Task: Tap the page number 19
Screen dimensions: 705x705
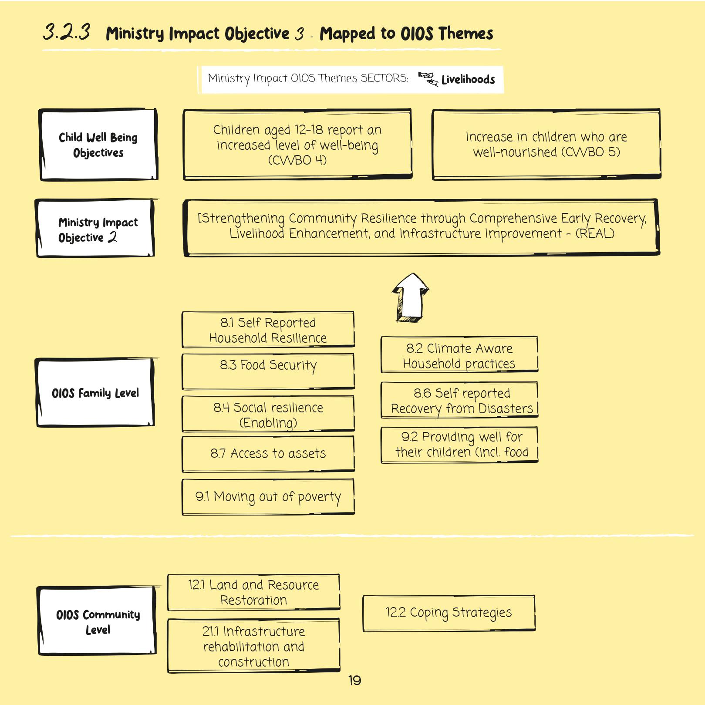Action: click(354, 680)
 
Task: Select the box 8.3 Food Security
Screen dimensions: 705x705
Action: click(268, 371)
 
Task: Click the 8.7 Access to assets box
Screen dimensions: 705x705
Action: click(268, 454)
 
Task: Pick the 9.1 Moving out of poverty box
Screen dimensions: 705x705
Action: click(268, 497)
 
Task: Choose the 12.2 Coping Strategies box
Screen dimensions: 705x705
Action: click(449, 613)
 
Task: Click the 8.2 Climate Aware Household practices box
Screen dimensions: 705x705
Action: click(459, 354)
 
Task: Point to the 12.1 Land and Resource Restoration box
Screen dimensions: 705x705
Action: click(253, 592)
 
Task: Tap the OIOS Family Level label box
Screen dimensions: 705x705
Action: click(95, 392)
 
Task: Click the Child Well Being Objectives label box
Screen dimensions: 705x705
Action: click(98, 145)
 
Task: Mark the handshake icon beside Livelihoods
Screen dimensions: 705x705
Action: click(428, 79)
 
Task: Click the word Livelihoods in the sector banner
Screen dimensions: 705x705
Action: click(468, 80)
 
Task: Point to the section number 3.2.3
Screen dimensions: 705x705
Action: click(67, 32)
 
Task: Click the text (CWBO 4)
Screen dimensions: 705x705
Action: click(297, 160)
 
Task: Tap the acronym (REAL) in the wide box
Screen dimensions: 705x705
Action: click(595, 234)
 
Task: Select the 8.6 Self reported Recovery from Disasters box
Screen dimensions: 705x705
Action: click(459, 400)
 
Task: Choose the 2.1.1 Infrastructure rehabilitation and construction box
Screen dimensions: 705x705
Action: click(253, 646)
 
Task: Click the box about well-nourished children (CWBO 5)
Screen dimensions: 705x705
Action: click(546, 144)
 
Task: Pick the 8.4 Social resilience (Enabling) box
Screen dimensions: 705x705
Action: click(268, 414)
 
